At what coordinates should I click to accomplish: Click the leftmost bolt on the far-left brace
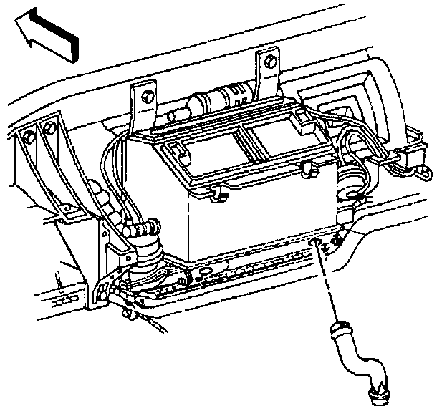pos(29,134)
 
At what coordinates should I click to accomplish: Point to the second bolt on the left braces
pos(49,129)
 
